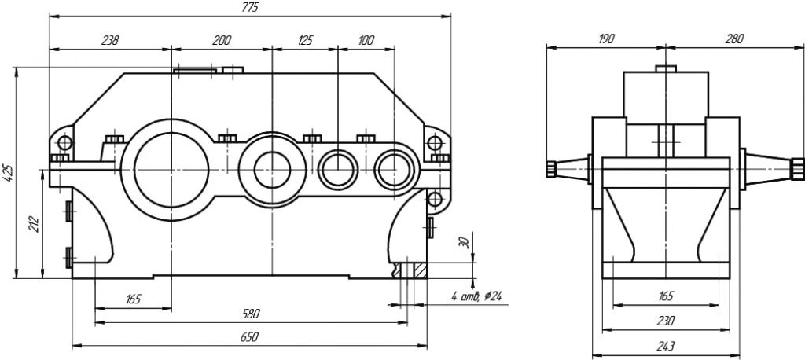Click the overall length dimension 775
(250, 7)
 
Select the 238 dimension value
(109, 40)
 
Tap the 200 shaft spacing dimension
(222, 40)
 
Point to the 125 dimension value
(304, 40)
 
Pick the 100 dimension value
(366, 40)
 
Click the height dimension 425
(8, 172)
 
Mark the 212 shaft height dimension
(33, 224)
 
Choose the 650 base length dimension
(248, 336)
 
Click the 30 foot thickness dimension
(463, 243)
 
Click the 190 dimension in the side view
(606, 39)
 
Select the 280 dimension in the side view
(734, 39)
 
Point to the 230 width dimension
(666, 320)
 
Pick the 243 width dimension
(666, 345)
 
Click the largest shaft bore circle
(171, 168)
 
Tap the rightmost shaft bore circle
(393, 168)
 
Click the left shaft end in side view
(552, 167)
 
